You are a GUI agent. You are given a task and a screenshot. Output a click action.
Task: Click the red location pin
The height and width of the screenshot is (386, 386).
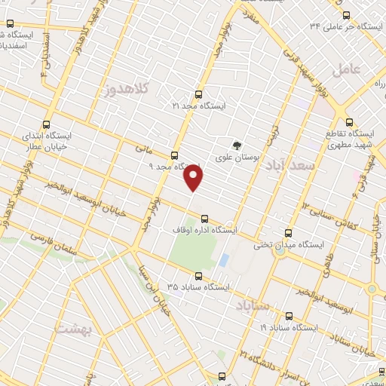[195, 176]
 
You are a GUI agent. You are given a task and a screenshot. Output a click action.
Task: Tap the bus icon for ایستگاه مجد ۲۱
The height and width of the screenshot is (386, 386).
[198, 94]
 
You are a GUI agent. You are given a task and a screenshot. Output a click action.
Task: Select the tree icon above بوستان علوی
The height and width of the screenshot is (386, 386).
[238, 145]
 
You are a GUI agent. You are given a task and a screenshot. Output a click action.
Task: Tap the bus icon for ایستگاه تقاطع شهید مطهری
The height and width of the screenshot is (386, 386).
[348, 121]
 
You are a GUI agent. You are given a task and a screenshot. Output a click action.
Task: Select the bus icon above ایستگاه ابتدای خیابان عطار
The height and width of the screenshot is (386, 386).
[47, 124]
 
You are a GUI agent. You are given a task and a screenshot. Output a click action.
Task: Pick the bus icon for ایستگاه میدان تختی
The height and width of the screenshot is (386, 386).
[287, 233]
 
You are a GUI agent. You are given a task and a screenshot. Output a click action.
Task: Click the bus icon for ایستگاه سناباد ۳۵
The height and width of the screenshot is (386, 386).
[200, 276]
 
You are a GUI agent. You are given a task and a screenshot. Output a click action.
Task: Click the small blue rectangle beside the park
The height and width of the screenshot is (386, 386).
[224, 261]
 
